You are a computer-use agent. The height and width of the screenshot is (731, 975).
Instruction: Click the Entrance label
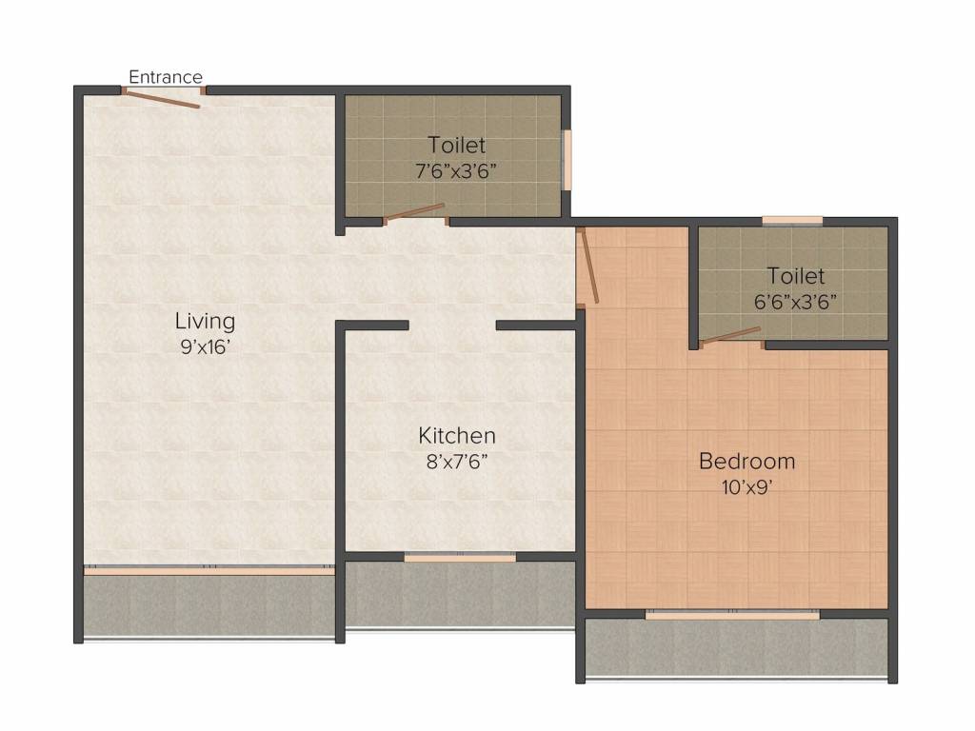click(166, 77)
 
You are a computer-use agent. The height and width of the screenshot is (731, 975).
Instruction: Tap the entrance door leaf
click(162, 99)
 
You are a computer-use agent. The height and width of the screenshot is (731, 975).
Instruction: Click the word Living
click(206, 321)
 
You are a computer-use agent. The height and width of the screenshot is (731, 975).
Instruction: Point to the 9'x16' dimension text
click(206, 346)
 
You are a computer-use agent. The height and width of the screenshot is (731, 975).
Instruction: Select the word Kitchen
click(457, 435)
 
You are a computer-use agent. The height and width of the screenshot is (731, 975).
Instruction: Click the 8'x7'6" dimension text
click(457, 462)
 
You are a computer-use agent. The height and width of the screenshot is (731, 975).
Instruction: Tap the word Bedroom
click(746, 462)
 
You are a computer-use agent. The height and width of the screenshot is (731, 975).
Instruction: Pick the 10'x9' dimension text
click(746, 487)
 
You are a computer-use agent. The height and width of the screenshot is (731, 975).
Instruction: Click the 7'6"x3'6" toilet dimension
click(456, 171)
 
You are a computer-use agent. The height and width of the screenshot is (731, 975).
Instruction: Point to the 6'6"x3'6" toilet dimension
click(795, 302)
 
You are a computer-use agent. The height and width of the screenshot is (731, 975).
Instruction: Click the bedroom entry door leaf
click(587, 266)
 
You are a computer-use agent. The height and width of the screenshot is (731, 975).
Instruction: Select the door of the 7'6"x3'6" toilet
click(414, 213)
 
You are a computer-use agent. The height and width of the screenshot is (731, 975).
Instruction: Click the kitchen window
click(460, 558)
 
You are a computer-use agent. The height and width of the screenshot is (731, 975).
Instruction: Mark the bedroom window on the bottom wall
click(732, 615)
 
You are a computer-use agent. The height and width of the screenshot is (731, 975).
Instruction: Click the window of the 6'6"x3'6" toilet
click(793, 220)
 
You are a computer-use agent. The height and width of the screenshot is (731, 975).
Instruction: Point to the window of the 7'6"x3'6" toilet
click(567, 159)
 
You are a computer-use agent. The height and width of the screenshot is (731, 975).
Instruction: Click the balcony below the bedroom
click(737, 646)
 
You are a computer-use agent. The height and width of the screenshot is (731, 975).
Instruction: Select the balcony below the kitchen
click(460, 594)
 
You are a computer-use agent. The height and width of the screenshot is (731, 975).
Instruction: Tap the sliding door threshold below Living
click(209, 569)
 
